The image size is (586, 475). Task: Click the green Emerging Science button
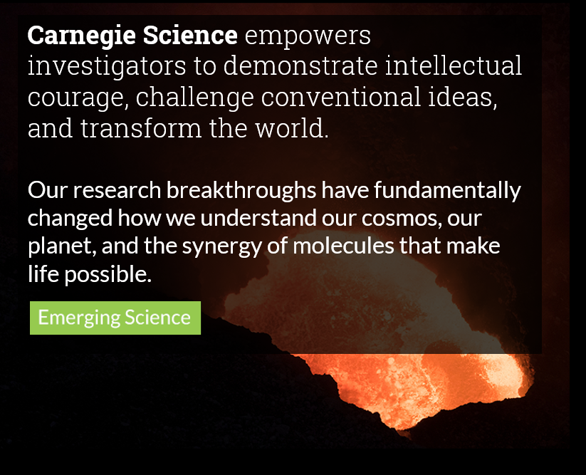tap(115, 318)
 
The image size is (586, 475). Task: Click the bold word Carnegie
tap(81, 36)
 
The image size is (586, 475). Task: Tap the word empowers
tap(308, 36)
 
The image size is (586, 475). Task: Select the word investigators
tap(107, 66)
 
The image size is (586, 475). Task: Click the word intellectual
tap(454, 66)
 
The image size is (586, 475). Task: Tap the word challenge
tap(194, 98)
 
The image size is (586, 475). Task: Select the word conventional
tap(341, 96)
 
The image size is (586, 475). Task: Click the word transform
tap(141, 127)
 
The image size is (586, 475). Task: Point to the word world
tap(292, 127)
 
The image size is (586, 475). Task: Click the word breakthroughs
tap(241, 191)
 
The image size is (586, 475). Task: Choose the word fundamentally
tap(447, 191)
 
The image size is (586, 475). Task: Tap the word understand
tap(258, 218)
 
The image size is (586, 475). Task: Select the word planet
tap(62, 246)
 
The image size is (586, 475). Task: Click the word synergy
tap(221, 247)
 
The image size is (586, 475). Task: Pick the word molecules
tap(343, 246)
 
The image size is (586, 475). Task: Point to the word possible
tap(108, 275)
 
